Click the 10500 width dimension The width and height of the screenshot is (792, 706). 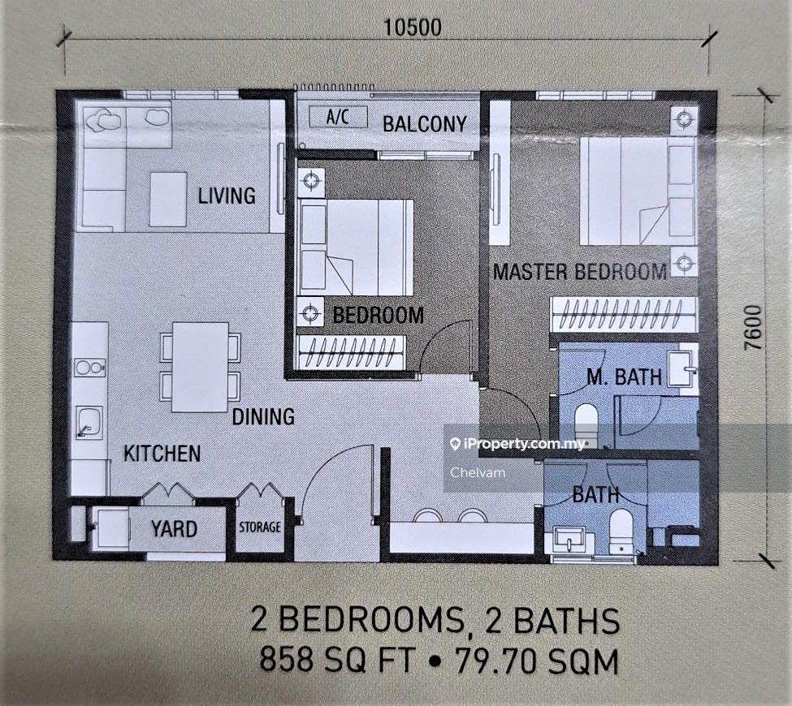click(x=412, y=28)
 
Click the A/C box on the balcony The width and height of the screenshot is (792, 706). click(x=337, y=117)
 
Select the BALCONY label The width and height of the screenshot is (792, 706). click(x=424, y=124)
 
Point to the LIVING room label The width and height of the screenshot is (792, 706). click(x=227, y=196)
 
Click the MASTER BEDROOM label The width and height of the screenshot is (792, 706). click(x=580, y=272)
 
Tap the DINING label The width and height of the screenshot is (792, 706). click(x=263, y=416)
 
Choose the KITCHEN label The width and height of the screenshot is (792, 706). click(x=162, y=454)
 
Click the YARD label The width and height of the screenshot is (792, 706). click(x=175, y=529)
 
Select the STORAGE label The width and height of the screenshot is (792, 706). click(x=260, y=527)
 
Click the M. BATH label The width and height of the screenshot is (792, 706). click(x=624, y=377)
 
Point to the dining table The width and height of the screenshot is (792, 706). click(x=200, y=367)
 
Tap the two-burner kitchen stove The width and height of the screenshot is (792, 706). click(x=90, y=368)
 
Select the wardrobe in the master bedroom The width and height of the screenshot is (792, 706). click(x=624, y=314)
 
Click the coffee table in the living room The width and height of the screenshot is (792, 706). click(x=169, y=200)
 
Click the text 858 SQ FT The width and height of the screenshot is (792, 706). click(x=337, y=661)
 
